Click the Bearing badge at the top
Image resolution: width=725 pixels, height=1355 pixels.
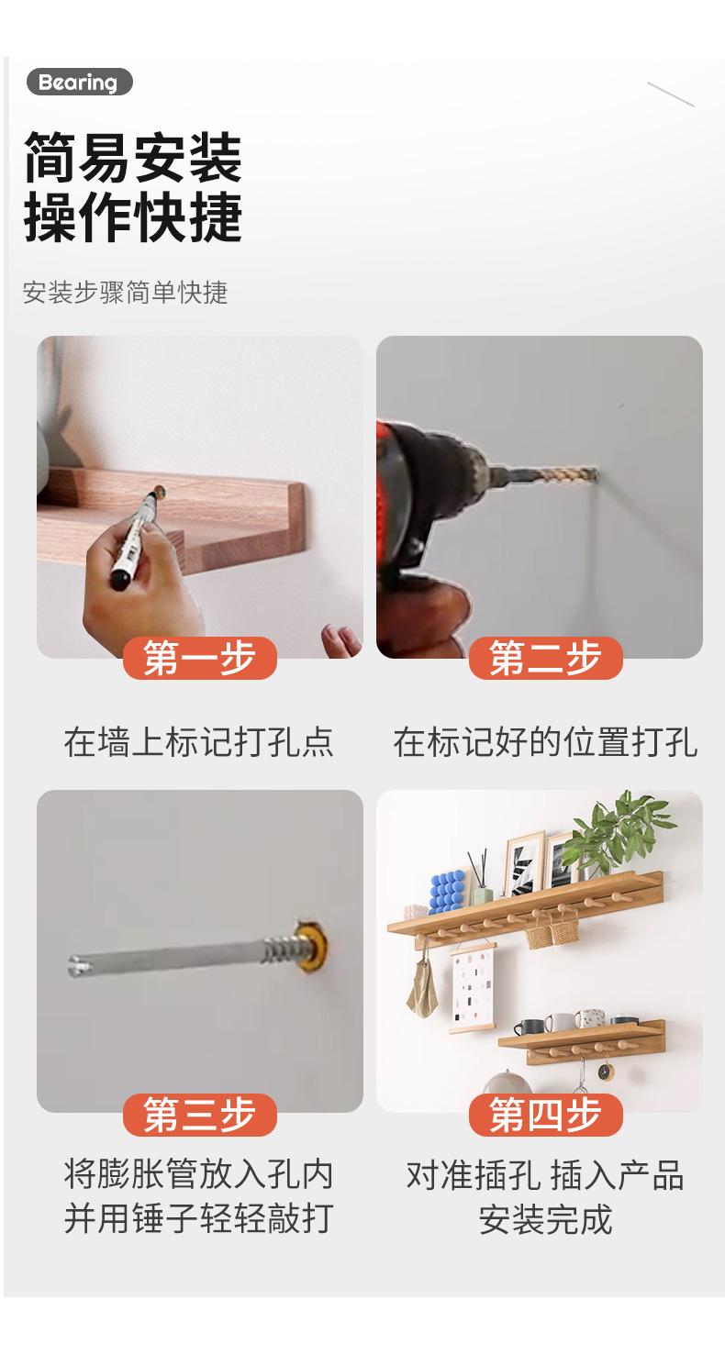point(79,83)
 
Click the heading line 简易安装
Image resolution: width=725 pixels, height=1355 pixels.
point(133,157)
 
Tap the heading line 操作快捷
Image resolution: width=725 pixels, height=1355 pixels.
point(133,218)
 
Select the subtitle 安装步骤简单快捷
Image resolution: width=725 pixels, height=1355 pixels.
point(125,293)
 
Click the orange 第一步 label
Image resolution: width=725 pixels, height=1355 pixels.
point(199,658)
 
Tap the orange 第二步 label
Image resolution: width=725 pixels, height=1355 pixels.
point(545,658)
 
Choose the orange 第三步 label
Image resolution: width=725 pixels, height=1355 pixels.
point(199,1115)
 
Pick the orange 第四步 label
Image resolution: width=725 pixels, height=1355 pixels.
point(545,1115)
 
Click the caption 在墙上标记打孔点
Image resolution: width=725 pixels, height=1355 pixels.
point(199,741)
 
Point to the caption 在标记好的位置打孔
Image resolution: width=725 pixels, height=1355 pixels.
point(545,741)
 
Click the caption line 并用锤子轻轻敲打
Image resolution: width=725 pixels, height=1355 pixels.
point(199,1219)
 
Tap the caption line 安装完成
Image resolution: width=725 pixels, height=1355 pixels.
point(545,1219)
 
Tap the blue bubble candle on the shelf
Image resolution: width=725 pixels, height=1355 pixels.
point(447,891)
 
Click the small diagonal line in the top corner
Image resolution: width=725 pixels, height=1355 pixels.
point(671,94)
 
